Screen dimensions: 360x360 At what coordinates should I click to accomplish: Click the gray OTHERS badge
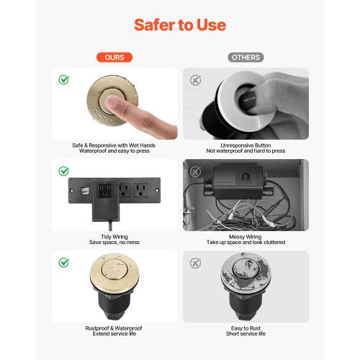[x=246, y=57]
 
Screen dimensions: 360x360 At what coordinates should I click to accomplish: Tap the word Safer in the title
[x=154, y=25]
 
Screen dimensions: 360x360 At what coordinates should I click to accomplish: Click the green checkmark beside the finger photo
[x=64, y=79]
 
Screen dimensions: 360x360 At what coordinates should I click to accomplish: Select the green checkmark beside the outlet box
[x=64, y=171]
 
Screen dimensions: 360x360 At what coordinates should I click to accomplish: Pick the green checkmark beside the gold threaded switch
[x=64, y=262]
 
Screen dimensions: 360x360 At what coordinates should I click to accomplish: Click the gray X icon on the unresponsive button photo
[x=194, y=79]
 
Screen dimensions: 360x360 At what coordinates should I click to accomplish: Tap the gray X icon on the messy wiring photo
[x=194, y=171]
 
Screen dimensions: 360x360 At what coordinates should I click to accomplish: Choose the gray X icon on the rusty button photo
[x=194, y=262]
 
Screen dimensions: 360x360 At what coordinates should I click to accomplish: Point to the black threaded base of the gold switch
[x=115, y=308]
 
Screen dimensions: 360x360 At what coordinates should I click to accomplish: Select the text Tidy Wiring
[x=115, y=235]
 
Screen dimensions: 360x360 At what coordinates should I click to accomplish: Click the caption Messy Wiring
[x=246, y=235]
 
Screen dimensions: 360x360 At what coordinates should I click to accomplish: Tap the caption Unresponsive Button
[x=246, y=145]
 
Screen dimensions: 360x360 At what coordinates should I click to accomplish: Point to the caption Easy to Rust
[x=246, y=328]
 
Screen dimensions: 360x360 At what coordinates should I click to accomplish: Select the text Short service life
[x=246, y=335]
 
